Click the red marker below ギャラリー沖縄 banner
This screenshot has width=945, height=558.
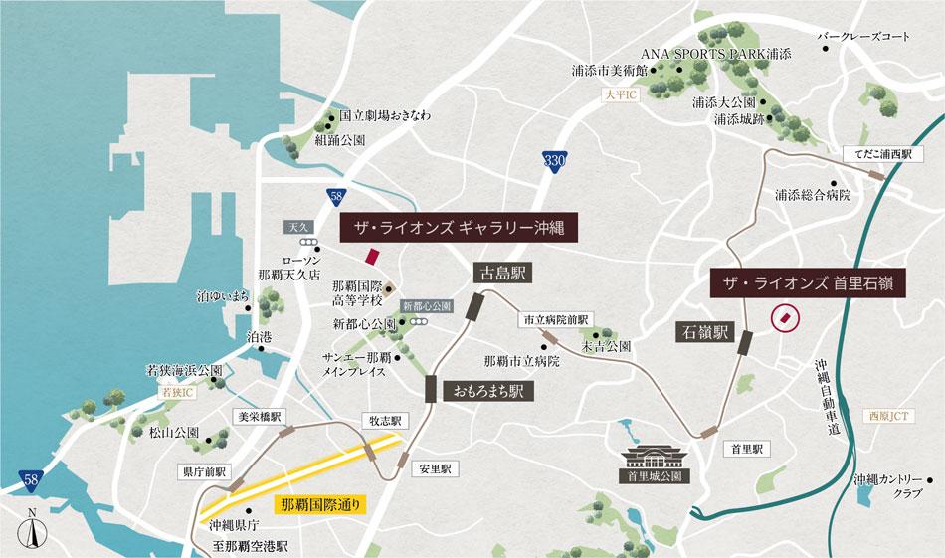(371, 256)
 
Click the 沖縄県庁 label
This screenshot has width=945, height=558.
(236, 524)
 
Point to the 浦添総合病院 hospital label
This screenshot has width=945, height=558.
(814, 195)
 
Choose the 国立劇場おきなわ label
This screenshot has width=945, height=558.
(385, 115)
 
